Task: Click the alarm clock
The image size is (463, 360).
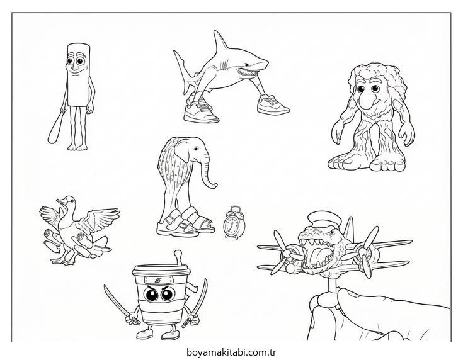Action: click(234, 223)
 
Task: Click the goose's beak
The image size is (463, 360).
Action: click(60, 201)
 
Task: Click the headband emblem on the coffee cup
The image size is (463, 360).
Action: click(159, 279)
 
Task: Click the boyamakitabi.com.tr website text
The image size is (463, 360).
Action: click(232, 352)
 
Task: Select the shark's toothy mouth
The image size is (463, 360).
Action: click(246, 71)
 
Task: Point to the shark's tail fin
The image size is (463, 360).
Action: click(185, 71)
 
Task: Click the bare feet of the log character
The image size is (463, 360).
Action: click(77, 147)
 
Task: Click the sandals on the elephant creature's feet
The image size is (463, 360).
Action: click(185, 223)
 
